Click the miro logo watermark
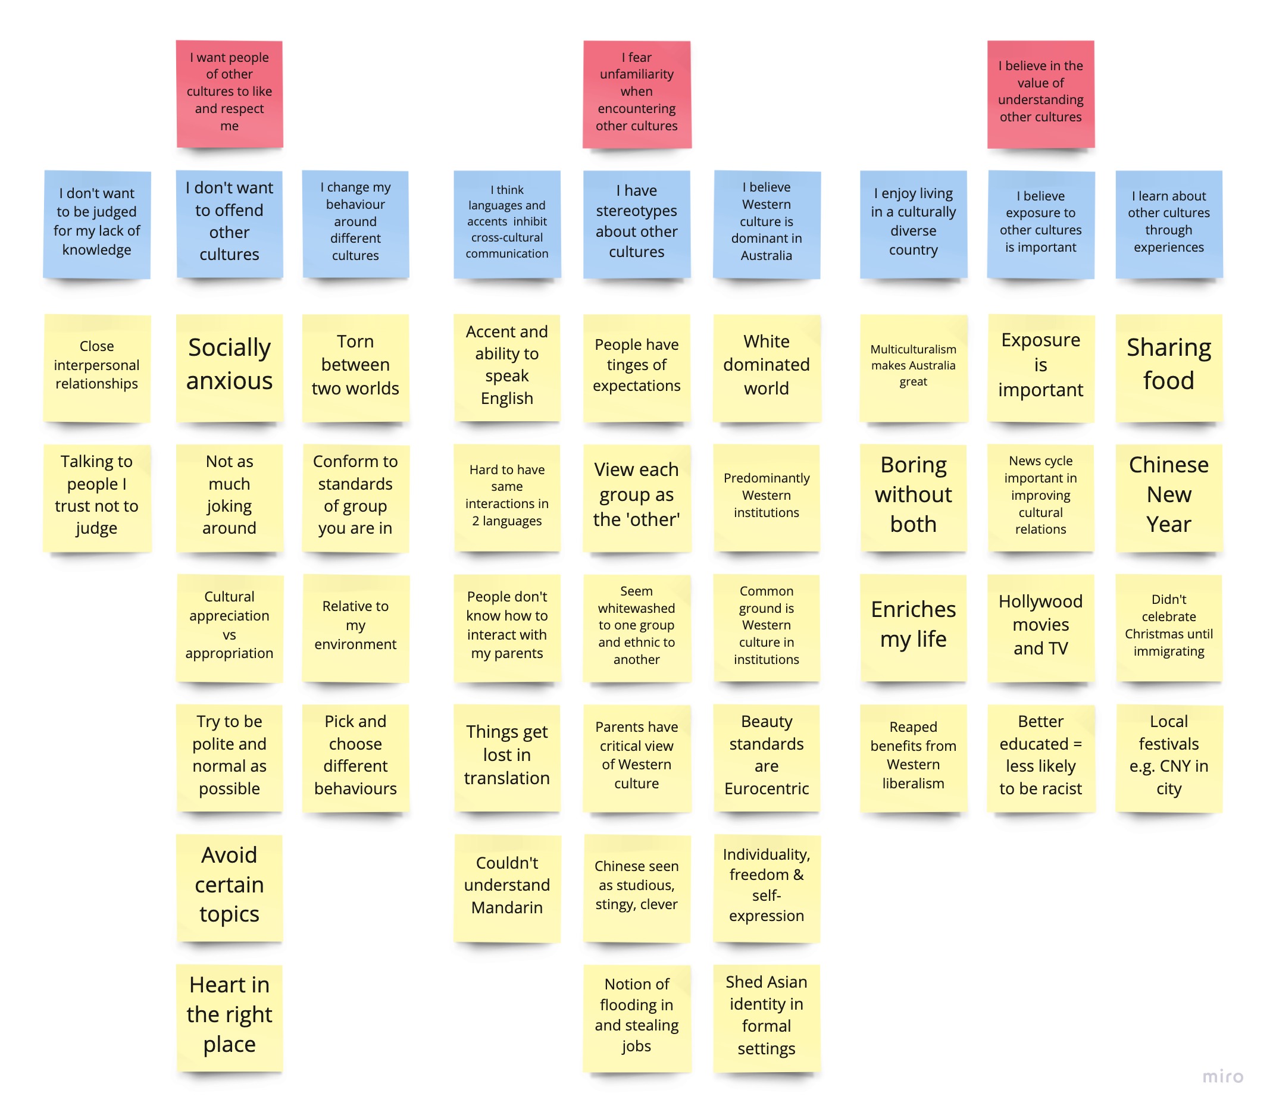[x=1222, y=1076]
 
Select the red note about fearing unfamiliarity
[x=636, y=95]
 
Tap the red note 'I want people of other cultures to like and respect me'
[x=229, y=95]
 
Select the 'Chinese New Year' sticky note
[x=1168, y=496]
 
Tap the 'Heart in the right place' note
[x=229, y=1016]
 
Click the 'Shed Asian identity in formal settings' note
[x=766, y=1016]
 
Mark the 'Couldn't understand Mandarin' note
[x=506, y=886]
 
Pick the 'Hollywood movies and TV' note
[x=1040, y=627]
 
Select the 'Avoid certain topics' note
[x=229, y=886]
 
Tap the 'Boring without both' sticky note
[x=913, y=496]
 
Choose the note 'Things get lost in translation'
[x=506, y=756]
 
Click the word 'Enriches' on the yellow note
[x=913, y=610]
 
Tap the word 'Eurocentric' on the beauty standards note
[x=766, y=790]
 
